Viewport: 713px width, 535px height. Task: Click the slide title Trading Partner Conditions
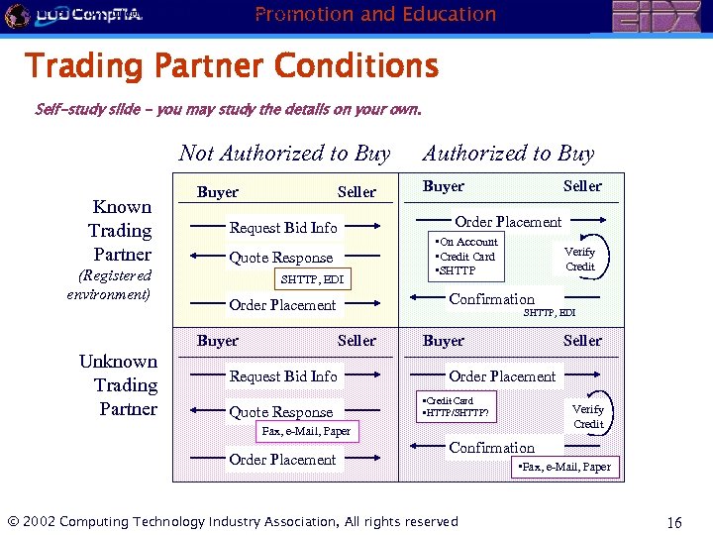[232, 66]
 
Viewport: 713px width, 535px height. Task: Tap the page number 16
[674, 522]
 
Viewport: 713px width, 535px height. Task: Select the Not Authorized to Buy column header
[284, 153]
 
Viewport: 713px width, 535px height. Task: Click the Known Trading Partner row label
[121, 230]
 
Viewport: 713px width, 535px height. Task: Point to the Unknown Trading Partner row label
[119, 384]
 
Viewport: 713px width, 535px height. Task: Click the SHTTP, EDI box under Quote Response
[312, 279]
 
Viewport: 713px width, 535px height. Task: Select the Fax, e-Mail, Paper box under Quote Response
[306, 432]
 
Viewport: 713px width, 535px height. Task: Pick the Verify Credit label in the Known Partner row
[579, 259]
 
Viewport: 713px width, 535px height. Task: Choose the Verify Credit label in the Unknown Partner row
[587, 416]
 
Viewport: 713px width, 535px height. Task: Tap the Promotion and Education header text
[375, 14]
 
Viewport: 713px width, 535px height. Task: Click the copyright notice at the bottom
[233, 521]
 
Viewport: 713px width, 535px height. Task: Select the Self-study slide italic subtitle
[228, 109]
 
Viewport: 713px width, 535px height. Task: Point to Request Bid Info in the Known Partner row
[283, 227]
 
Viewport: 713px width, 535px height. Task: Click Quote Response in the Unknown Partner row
[280, 412]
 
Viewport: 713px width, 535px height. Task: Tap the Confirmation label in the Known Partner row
[491, 298]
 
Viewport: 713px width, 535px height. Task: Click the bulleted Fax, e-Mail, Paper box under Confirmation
[565, 467]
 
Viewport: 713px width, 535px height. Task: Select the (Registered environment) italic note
[109, 284]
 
